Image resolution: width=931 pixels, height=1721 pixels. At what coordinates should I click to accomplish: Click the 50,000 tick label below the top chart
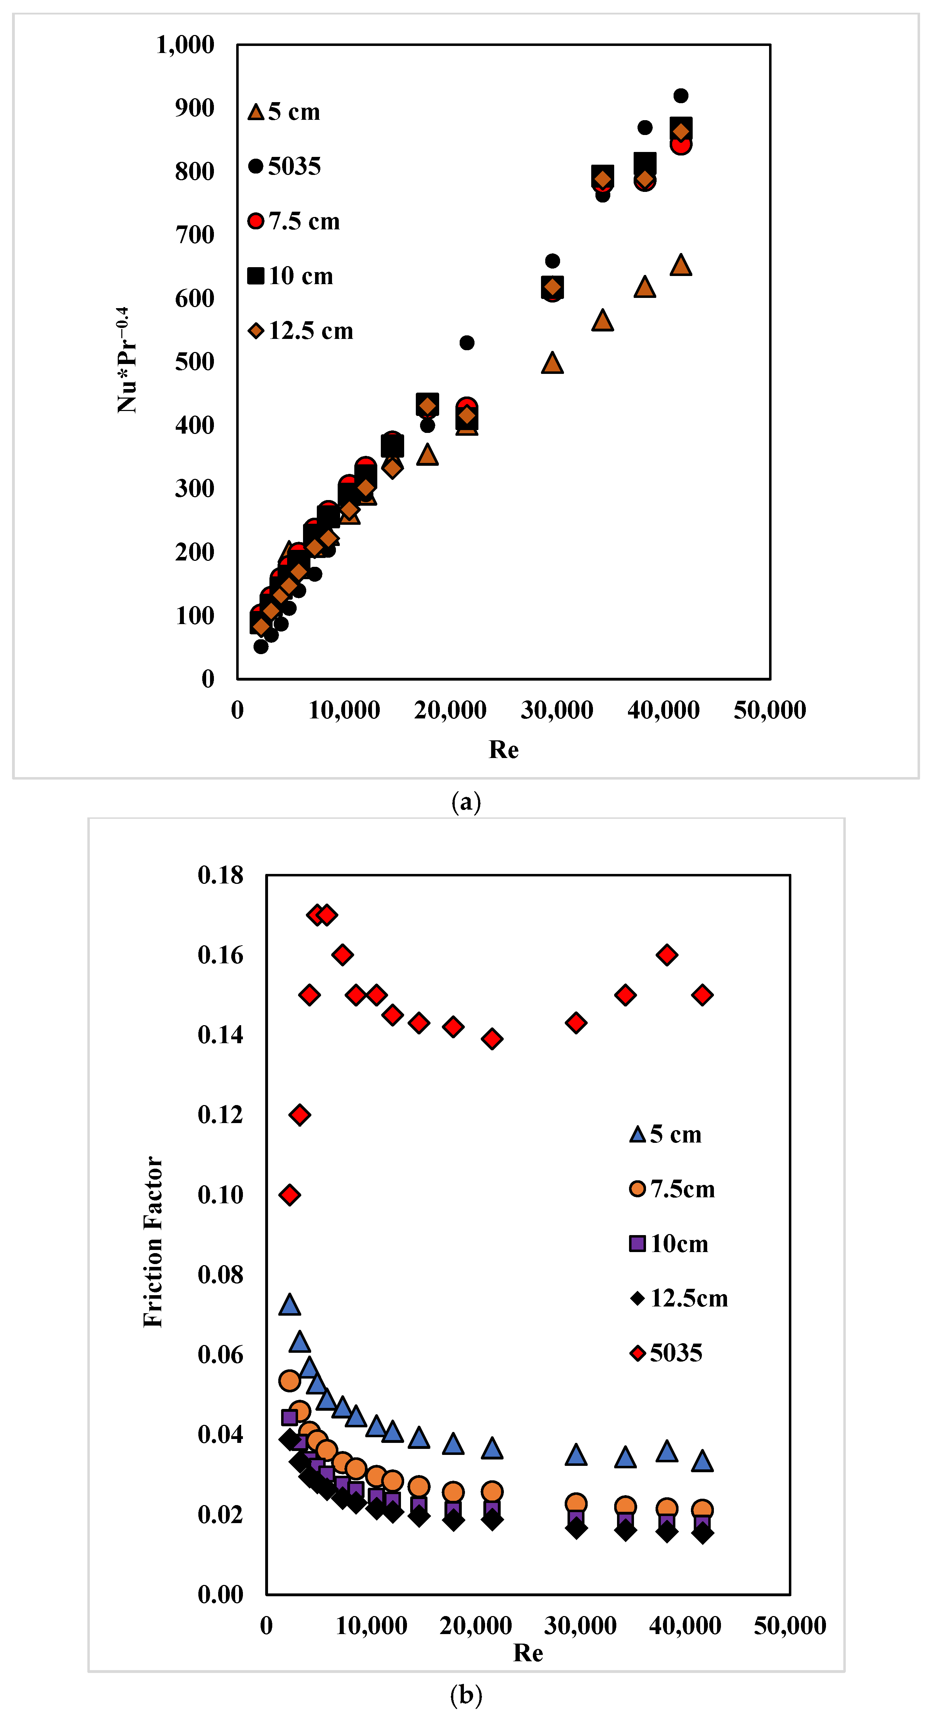770,710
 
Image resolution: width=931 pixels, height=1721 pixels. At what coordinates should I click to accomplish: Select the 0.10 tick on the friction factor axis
221,1194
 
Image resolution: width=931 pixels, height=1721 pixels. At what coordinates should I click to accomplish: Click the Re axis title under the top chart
503,750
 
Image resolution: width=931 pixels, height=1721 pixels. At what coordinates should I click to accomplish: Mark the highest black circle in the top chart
680,95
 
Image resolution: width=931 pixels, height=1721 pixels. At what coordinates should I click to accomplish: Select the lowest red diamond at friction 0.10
289,1194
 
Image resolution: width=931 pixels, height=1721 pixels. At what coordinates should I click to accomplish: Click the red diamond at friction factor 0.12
299,1114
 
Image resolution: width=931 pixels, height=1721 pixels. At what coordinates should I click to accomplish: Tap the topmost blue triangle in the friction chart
289,1303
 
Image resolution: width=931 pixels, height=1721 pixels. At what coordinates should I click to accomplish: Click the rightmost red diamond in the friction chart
702,995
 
